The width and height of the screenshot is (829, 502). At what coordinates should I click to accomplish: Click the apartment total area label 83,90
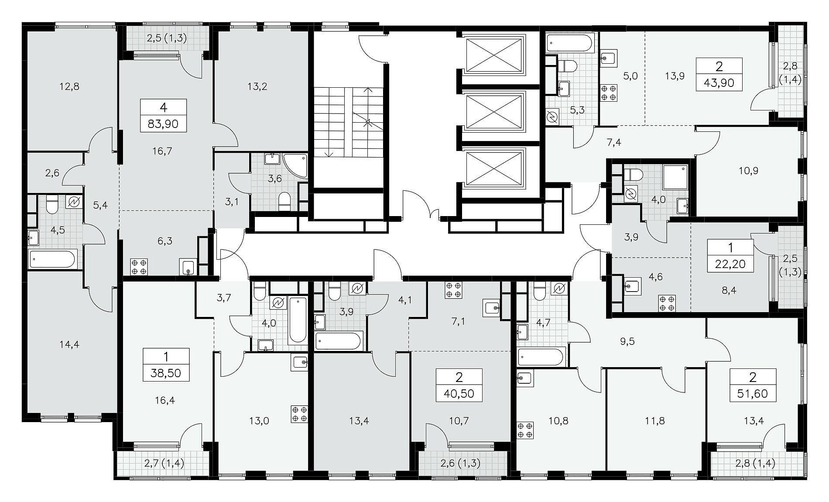163,124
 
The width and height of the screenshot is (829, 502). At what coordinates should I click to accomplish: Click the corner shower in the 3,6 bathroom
295,165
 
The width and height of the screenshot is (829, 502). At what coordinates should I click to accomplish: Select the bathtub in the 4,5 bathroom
53,259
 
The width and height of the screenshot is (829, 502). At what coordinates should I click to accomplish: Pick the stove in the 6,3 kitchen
139,267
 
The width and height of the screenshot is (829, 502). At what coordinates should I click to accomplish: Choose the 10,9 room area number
749,171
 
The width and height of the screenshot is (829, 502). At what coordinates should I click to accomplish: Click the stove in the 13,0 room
300,414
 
